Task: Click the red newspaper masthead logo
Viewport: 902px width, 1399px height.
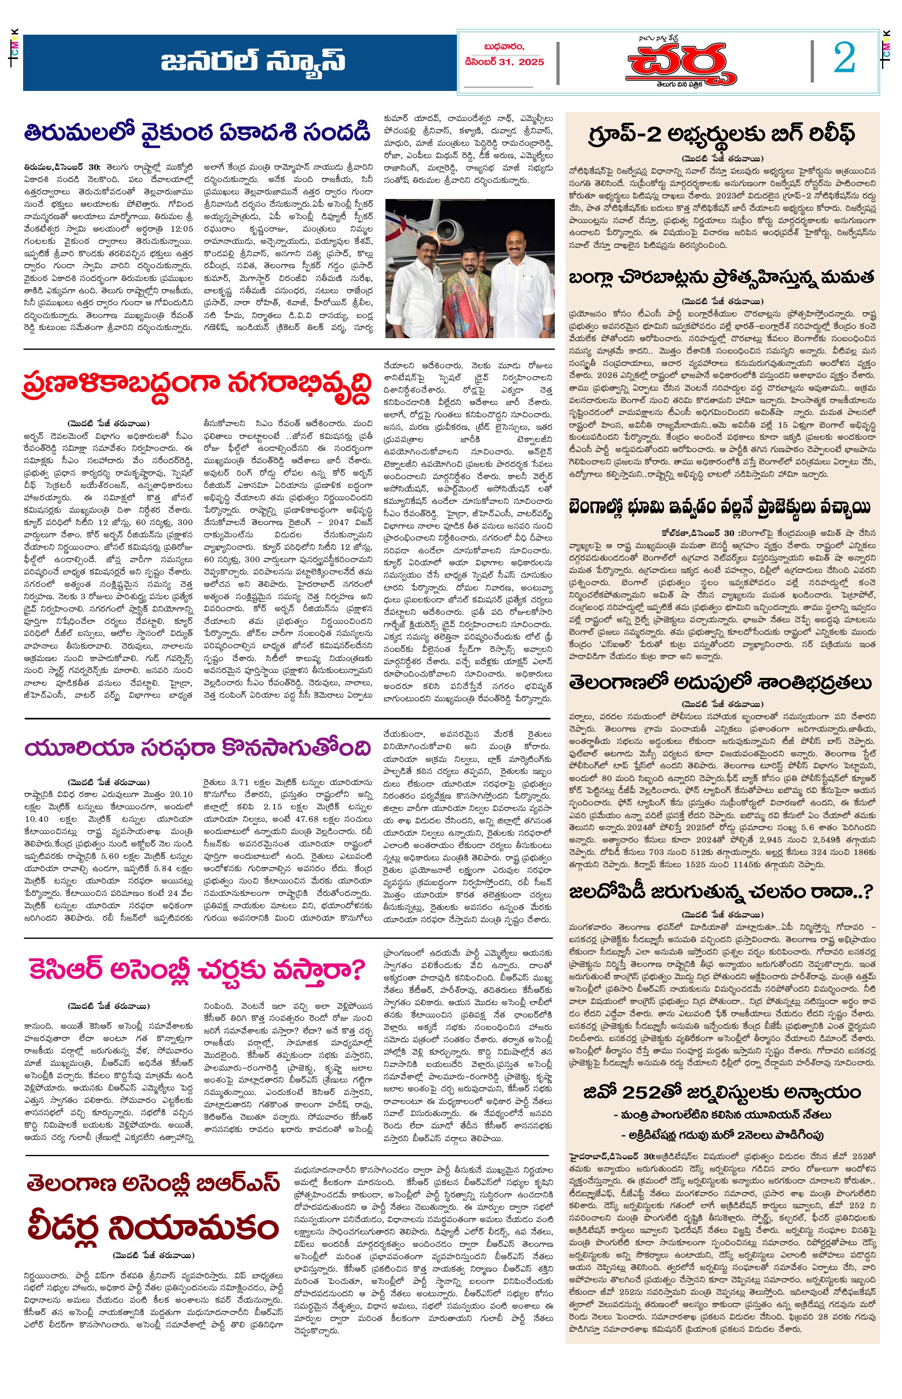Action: click(681, 64)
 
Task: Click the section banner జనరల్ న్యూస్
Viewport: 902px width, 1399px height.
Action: click(253, 61)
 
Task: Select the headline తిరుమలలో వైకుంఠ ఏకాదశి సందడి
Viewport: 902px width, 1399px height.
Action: click(197, 132)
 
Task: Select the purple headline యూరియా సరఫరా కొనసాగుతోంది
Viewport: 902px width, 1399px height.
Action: click(197, 748)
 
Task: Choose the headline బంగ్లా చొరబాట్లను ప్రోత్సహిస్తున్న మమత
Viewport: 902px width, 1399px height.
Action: click(721, 276)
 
